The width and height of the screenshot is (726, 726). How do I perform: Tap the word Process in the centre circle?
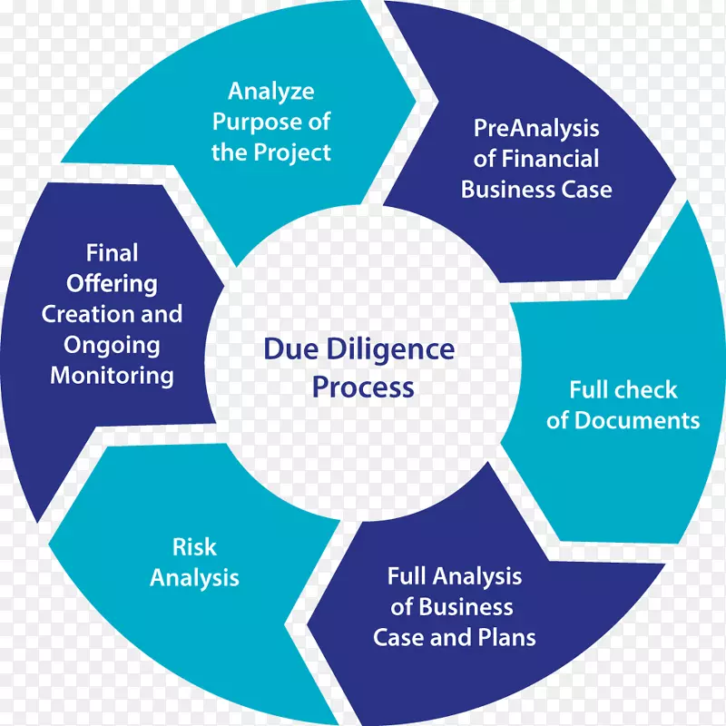pyautogui.click(x=363, y=387)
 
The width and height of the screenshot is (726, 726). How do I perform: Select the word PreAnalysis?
pyautogui.click(x=536, y=128)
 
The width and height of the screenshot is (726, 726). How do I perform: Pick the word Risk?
pyautogui.click(x=194, y=547)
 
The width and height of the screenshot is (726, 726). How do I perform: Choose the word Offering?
pyautogui.click(x=112, y=283)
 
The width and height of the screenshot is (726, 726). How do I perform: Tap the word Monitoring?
pyautogui.click(x=112, y=376)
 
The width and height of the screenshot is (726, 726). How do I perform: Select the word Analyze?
pyautogui.click(x=271, y=91)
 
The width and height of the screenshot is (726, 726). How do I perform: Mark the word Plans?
pyautogui.click(x=505, y=637)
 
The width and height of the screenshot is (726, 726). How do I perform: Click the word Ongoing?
pyautogui.click(x=112, y=345)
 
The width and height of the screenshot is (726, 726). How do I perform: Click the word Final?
pyautogui.click(x=112, y=252)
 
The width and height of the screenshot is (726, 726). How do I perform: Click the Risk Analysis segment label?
pyautogui.click(x=194, y=562)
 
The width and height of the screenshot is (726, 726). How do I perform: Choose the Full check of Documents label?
pyautogui.click(x=623, y=406)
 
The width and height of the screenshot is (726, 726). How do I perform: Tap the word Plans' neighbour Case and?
pyautogui.click(x=422, y=637)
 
